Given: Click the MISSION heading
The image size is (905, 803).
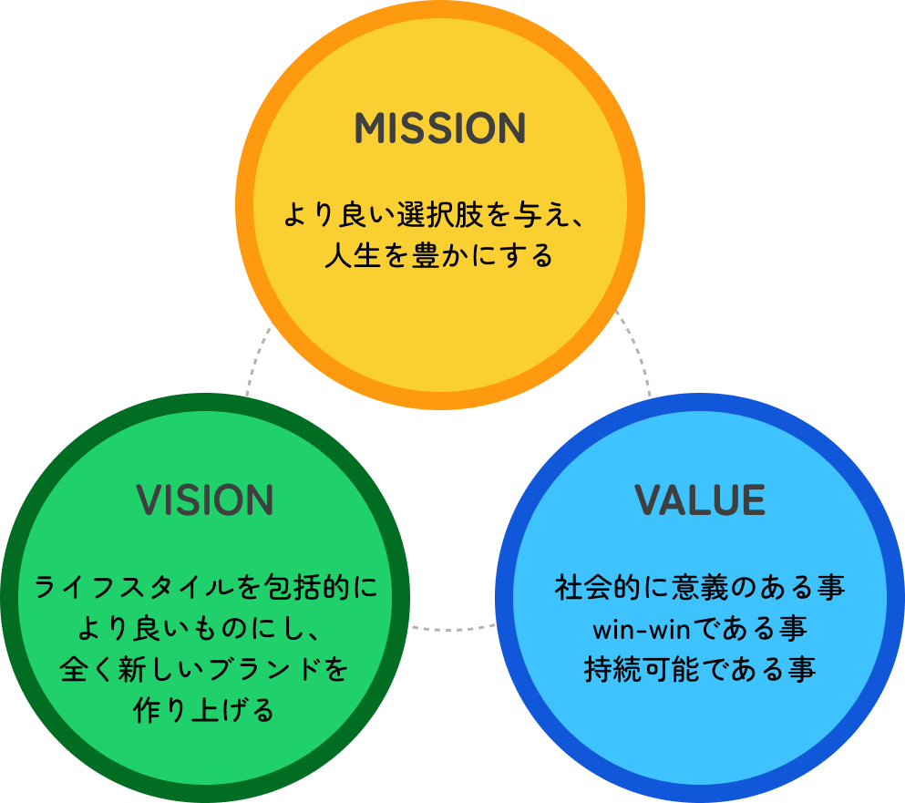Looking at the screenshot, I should (x=439, y=129).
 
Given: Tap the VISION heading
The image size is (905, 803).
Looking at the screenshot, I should (x=205, y=500).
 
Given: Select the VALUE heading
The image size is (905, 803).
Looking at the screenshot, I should (x=700, y=500).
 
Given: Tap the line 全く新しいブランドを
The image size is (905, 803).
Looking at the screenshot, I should (x=205, y=670).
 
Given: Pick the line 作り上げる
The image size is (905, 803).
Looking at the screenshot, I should (x=205, y=710).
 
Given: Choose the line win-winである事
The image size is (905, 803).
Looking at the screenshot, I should (x=700, y=629).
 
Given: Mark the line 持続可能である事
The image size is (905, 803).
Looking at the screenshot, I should (x=700, y=670).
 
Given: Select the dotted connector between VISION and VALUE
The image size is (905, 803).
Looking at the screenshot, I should (x=453, y=627).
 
